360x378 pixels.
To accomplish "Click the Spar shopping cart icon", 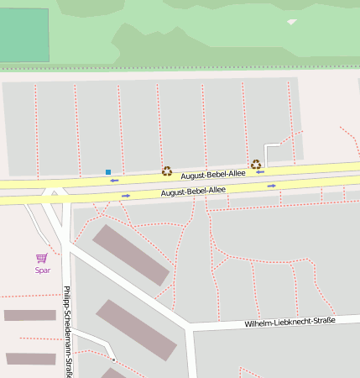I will point(41,258).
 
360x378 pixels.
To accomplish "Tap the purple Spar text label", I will point(43,270).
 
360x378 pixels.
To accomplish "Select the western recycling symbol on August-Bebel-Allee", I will point(167,171).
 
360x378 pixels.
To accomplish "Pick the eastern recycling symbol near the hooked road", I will point(256,164).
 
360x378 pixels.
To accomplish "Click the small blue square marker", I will point(108,172).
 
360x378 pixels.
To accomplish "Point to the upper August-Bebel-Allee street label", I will point(214,174).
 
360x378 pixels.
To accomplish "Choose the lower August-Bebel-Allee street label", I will point(193,192).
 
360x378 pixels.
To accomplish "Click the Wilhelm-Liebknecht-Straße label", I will point(290,322).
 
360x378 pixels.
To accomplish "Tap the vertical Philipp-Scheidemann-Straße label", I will point(66,331).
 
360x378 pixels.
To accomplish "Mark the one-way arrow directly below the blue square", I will point(114,181).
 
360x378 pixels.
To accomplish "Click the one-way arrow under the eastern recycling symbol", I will point(260,172).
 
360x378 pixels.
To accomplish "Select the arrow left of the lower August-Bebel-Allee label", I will point(126,196).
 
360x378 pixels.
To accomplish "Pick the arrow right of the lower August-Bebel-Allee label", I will point(272,186).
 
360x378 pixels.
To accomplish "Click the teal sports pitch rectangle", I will point(23,35).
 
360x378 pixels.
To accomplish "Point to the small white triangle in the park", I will point(291,22).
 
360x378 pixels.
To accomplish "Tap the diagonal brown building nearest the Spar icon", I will point(130,255).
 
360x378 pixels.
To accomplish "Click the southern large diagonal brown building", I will point(135,329).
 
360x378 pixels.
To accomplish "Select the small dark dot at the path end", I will point(113,360).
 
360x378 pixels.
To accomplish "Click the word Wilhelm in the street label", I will point(260,323).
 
